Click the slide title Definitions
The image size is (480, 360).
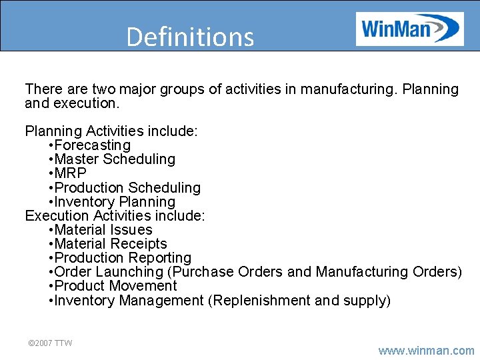pos(190,37)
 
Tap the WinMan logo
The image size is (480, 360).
pos(409,29)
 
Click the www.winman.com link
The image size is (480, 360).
pos(426,350)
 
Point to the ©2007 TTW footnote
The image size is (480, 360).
pos(49,343)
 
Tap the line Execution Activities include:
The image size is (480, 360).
pos(115,216)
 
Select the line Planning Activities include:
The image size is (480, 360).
pos(111,131)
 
